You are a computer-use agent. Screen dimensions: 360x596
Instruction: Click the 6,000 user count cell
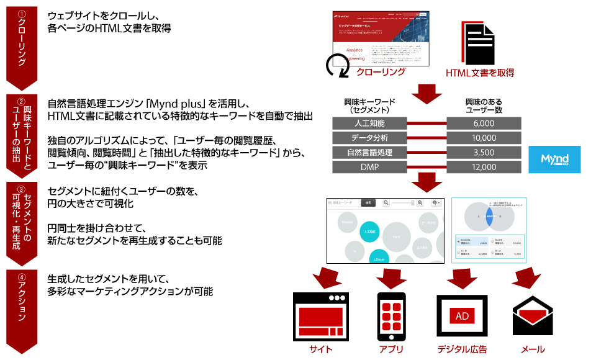480,123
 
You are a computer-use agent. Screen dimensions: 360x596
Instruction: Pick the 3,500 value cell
480,152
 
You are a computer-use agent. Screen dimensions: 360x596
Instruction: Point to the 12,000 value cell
480,166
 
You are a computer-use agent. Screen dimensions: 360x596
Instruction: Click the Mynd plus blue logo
554,160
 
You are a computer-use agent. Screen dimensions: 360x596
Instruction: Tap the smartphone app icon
391,315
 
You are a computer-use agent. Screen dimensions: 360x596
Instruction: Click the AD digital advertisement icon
462,316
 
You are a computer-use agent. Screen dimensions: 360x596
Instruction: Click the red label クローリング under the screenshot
381,72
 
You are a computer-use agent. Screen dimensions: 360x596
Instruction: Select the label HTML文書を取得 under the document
479,73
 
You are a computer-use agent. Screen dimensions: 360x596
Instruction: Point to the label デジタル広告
462,349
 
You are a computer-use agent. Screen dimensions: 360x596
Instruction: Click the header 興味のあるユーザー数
480,105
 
